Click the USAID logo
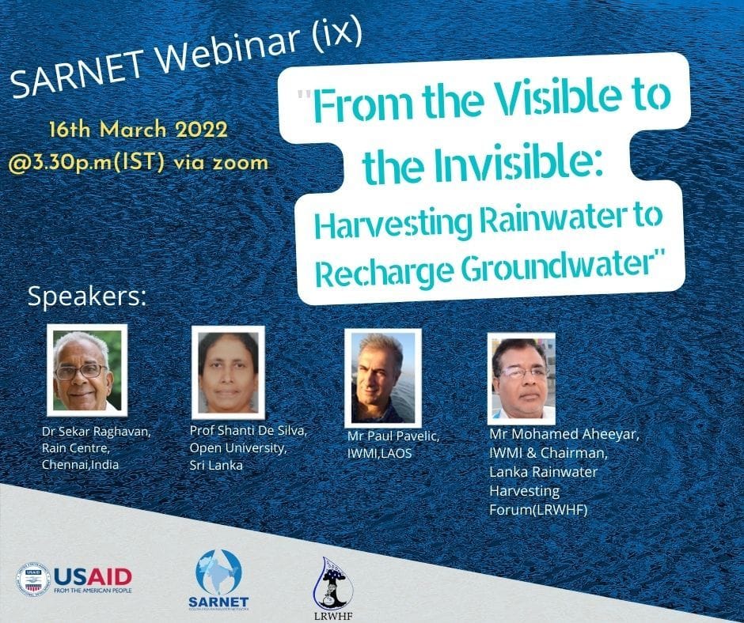74,579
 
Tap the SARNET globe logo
218,580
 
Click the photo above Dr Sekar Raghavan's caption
87,370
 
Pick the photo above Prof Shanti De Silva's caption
228,372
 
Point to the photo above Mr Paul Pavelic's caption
383,378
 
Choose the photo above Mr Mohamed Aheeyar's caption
522,379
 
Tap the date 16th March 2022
139,130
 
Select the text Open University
237,448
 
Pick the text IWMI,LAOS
380,454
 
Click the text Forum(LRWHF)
538,510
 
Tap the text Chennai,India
80,465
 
